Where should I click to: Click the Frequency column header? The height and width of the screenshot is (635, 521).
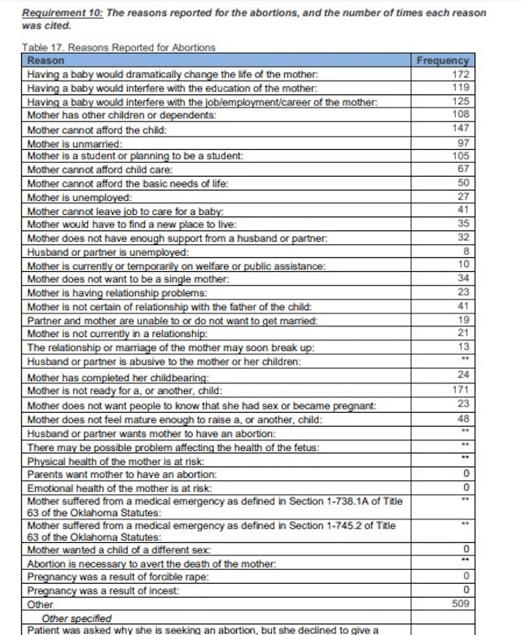[x=442, y=61]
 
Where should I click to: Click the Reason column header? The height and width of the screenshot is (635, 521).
[x=46, y=61]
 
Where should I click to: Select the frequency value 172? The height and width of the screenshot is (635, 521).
[x=461, y=74]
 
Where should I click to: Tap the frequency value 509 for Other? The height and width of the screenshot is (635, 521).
[x=461, y=604]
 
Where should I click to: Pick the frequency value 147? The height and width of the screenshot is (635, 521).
[x=461, y=129]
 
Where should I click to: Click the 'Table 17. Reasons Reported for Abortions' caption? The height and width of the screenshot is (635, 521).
[x=119, y=48]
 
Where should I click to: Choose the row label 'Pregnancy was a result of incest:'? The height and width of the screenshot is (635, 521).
[x=105, y=590]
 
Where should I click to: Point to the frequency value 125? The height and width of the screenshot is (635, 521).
[x=461, y=101]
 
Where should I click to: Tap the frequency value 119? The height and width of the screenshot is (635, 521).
[x=461, y=87]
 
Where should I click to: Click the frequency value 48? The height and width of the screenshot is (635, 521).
[x=463, y=418]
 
